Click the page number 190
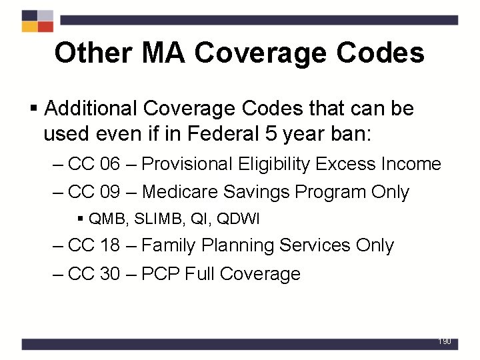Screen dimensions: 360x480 click(445, 341)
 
